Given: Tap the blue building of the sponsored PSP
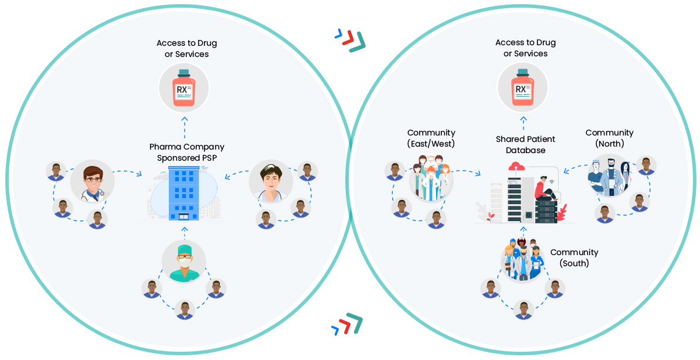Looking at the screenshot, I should pos(184,192).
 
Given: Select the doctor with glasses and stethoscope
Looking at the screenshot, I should pos(93,181).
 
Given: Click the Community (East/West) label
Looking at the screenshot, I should pos(431,138).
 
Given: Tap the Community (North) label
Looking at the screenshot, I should pos(609,138).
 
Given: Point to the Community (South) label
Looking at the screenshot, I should pos(574,258).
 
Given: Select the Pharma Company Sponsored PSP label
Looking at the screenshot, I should pos(186,152).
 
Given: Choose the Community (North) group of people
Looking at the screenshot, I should pos(609,176).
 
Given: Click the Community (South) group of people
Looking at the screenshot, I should pos(522,257).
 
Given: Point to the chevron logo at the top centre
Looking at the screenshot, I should pos(351,39).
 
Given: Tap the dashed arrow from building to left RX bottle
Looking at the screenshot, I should pos(184,125).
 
